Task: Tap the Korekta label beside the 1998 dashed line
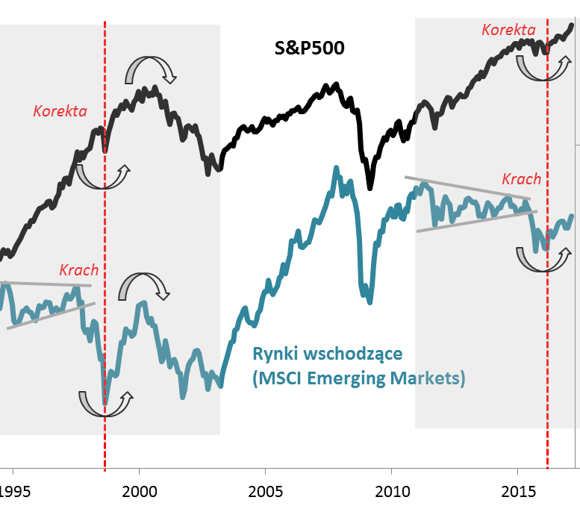click(60, 111)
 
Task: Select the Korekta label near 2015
click(509, 30)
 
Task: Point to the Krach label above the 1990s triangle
click(79, 269)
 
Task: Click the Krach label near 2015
click(521, 179)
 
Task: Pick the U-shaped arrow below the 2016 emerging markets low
click(543, 258)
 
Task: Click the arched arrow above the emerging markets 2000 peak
click(144, 287)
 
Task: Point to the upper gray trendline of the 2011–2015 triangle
click(467, 187)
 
